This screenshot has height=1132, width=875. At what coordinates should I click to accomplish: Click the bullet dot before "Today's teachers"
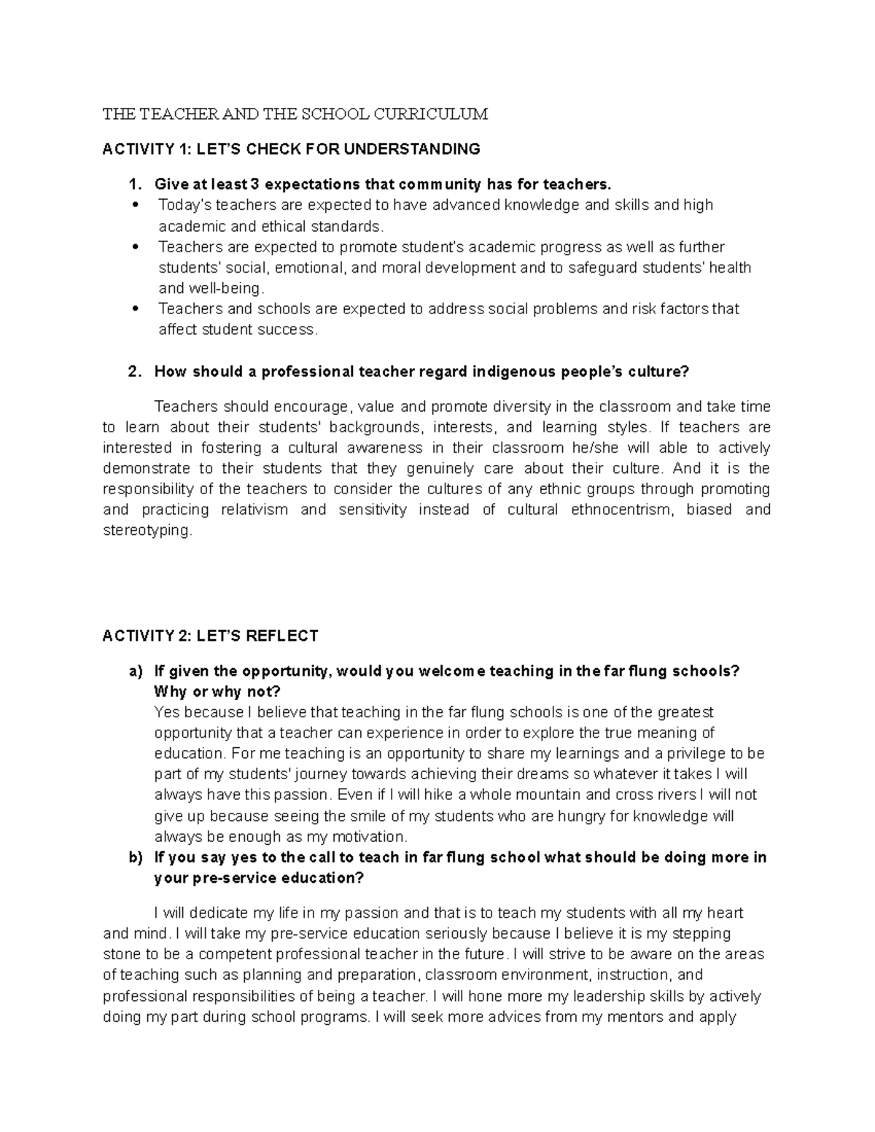point(136,205)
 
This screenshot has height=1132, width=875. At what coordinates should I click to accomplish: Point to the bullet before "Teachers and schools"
point(136,309)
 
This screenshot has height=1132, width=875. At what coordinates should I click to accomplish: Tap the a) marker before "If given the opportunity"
point(135,671)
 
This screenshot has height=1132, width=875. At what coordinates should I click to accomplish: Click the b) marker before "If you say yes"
point(135,857)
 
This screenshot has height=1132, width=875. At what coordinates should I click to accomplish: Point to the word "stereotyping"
point(147,531)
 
